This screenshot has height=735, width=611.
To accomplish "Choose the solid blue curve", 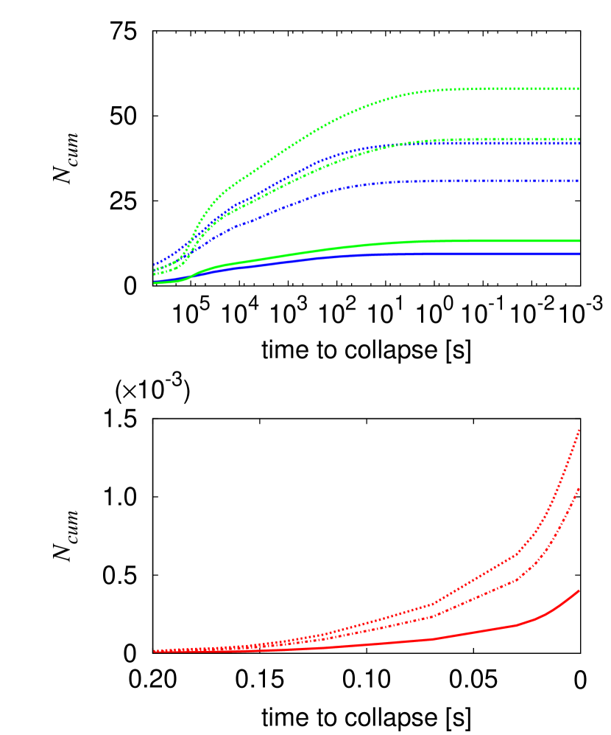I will click(x=368, y=255).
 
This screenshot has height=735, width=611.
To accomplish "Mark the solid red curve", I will click(x=442, y=637).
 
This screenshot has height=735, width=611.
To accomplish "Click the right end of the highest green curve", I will click(x=579, y=88).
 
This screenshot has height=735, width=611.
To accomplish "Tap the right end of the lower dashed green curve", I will click(x=579, y=139).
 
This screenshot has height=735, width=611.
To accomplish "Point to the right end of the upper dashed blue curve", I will click(x=579, y=143).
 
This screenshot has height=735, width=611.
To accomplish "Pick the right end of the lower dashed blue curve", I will click(x=579, y=181).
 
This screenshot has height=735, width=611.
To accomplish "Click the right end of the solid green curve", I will click(x=579, y=240).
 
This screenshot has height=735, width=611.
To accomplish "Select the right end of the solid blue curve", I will click(x=579, y=254).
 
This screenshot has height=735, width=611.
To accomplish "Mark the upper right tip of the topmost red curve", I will click(x=579, y=430).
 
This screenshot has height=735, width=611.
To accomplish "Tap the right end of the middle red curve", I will click(x=579, y=488).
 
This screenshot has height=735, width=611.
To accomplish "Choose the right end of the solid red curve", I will click(x=579, y=591).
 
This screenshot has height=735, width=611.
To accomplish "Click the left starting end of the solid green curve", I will click(x=155, y=282).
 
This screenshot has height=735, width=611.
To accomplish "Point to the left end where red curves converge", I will click(x=155, y=651).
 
